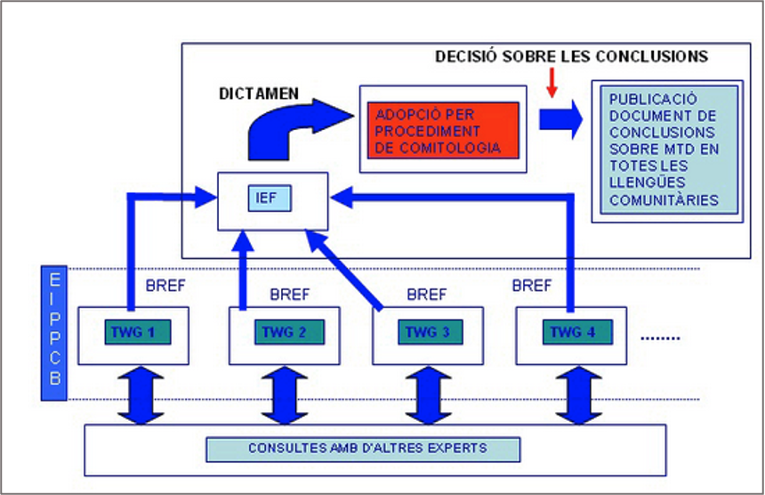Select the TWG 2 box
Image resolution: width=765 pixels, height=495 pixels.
coord(284,332)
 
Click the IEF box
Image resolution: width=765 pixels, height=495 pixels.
coord(269,197)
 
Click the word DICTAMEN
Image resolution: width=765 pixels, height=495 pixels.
coord(258,92)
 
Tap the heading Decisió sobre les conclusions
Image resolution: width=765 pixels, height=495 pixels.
coord(571,56)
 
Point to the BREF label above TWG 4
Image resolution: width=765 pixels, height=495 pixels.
coord(532,286)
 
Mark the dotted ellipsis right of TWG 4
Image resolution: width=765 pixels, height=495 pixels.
coord(660,337)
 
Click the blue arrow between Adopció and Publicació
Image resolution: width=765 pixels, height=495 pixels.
coord(560,119)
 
